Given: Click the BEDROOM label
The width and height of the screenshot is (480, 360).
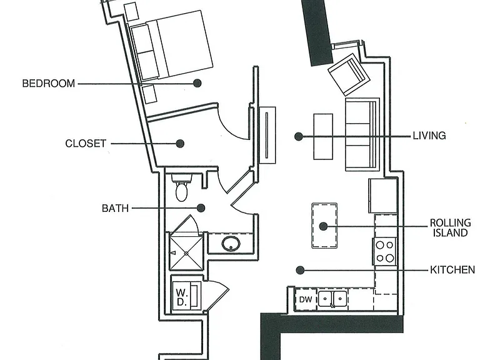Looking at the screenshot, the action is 49,84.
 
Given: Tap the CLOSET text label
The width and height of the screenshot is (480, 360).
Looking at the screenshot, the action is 86,144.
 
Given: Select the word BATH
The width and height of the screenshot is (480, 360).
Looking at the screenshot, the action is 115,209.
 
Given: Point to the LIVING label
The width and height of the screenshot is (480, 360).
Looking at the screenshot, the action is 429,136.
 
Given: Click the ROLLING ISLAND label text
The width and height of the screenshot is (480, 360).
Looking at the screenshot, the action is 450,227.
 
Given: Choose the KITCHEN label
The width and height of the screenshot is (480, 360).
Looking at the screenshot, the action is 452,270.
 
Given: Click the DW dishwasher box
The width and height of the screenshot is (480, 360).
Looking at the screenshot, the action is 306,299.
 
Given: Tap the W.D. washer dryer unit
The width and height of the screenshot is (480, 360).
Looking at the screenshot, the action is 186,294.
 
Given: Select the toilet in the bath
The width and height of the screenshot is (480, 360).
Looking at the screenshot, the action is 182,187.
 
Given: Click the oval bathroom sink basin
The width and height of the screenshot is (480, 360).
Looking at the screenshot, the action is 231,244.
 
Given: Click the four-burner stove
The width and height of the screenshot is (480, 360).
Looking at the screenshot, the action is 384,252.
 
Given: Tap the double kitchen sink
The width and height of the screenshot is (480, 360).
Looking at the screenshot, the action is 332,299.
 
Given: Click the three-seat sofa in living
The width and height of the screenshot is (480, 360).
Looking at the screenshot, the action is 362,134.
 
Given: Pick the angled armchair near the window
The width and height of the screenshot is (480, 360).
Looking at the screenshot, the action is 349,75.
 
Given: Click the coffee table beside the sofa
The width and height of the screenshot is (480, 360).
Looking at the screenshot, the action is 323,136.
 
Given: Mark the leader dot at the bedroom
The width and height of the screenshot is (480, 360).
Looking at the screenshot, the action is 197,83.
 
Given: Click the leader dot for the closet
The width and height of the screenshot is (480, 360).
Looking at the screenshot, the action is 180,143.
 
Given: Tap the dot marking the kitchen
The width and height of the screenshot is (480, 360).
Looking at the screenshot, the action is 300,270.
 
